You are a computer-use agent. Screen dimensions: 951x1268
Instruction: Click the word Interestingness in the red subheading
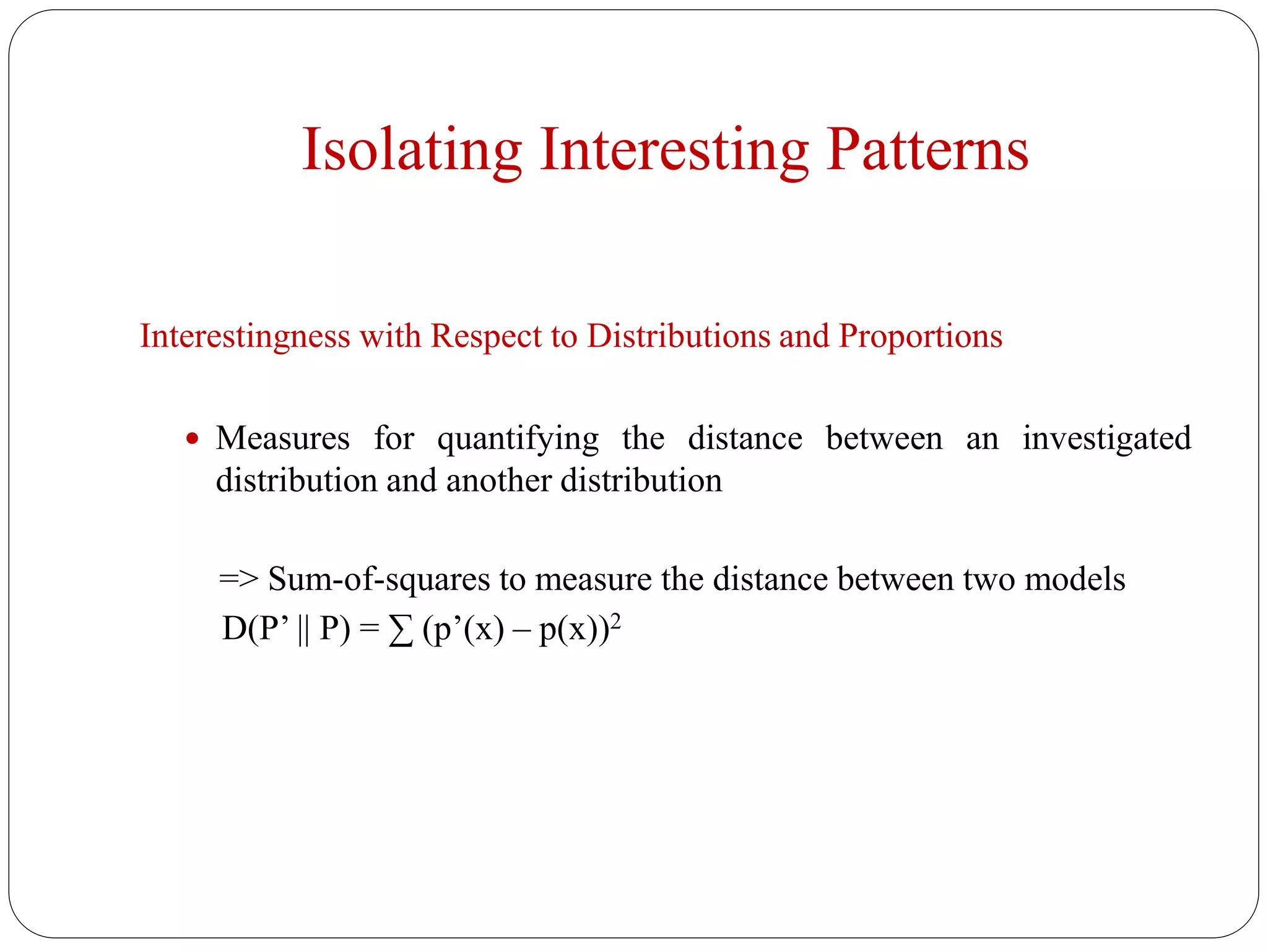coord(245,336)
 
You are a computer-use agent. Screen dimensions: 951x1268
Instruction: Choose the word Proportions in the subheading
coord(920,336)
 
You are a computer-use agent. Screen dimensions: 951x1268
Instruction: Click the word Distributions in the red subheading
coord(678,336)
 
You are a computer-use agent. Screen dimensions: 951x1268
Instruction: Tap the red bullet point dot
coord(193,439)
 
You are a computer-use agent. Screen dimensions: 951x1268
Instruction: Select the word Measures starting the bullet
coord(283,438)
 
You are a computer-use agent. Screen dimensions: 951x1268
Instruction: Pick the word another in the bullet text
coord(499,481)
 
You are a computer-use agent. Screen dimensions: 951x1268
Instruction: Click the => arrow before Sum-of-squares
coord(238,579)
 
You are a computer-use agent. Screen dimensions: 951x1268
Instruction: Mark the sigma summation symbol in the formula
coord(401,631)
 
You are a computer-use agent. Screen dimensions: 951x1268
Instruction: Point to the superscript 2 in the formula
coord(615,620)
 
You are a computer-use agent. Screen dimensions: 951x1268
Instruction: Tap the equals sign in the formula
coord(369,630)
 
